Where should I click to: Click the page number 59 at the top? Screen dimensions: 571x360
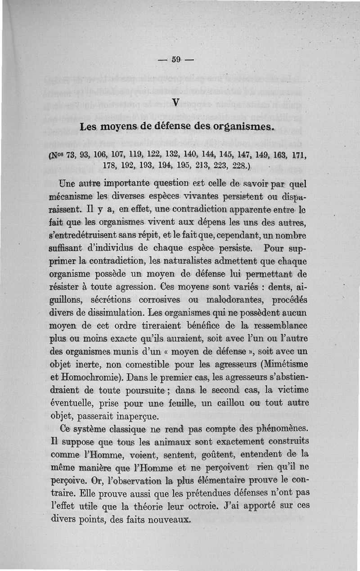[176, 59]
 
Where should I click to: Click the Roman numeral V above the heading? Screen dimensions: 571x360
[176, 103]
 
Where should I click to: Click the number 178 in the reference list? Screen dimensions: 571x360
[110, 166]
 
